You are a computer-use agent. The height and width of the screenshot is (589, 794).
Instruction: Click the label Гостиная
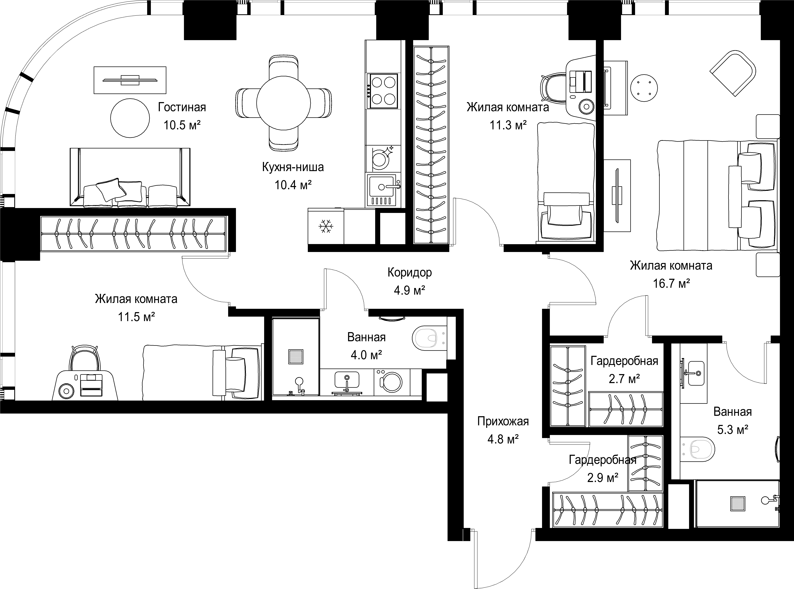(182, 107)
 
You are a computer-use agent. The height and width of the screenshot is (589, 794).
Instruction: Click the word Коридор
(410, 272)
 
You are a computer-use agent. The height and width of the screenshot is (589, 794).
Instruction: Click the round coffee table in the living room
(130, 118)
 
